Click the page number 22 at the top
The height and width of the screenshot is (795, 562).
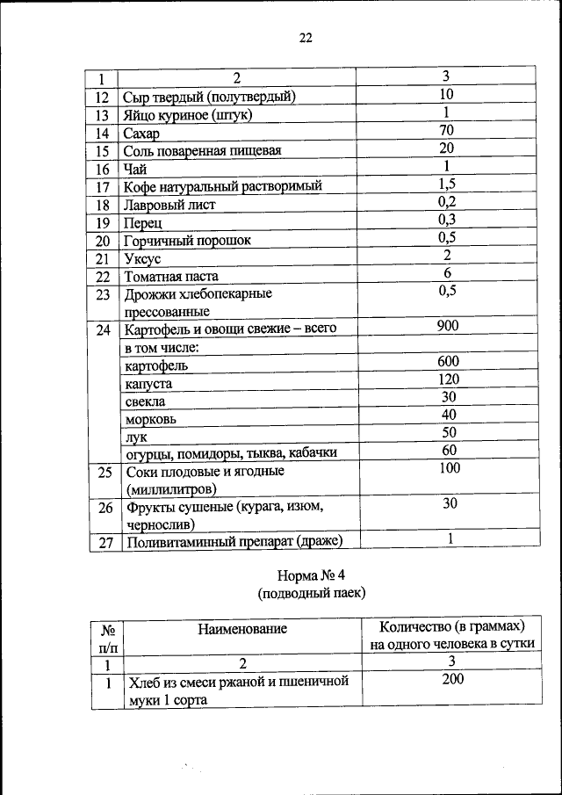pos(305,38)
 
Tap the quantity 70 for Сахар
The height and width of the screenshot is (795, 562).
pos(446,130)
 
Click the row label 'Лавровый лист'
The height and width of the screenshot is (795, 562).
pos(169,205)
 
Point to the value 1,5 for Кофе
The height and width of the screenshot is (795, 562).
pos(446,184)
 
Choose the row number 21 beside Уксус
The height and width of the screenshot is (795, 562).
pos(102,258)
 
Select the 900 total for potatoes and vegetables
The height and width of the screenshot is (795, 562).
pos(446,327)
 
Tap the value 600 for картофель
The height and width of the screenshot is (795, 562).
pos(446,362)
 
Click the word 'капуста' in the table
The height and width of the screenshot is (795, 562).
pos(148,384)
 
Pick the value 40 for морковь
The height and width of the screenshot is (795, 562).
pos(446,415)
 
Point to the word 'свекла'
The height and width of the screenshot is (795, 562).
pos(145,401)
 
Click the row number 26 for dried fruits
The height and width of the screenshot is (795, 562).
pos(104,509)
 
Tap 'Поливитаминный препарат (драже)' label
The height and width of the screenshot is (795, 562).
pos(233,542)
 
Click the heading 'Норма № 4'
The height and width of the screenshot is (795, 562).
pos(311,577)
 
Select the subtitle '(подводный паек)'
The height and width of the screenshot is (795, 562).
pos(311,595)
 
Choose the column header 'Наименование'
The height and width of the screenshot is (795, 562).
pos(242,629)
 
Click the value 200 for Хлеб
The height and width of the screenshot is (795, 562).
pos(452,678)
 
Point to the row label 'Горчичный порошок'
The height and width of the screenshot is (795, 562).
pos(188,240)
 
